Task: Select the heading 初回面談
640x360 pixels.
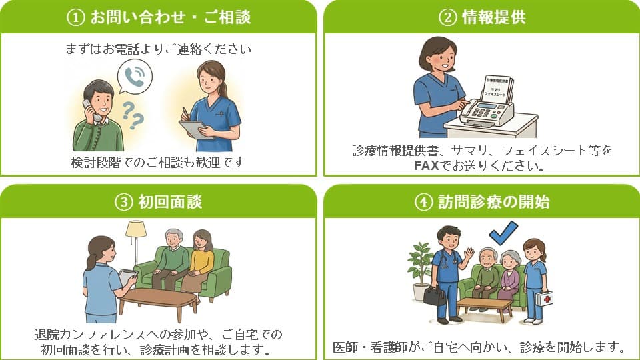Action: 170,201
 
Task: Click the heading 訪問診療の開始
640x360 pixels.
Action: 492,201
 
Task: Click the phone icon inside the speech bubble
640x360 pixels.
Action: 134,77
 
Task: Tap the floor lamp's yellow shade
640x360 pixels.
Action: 136,229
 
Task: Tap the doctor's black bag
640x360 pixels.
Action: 435,295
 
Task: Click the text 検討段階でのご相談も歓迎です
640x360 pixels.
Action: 158,162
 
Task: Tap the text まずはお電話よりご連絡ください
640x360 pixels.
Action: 158,49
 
